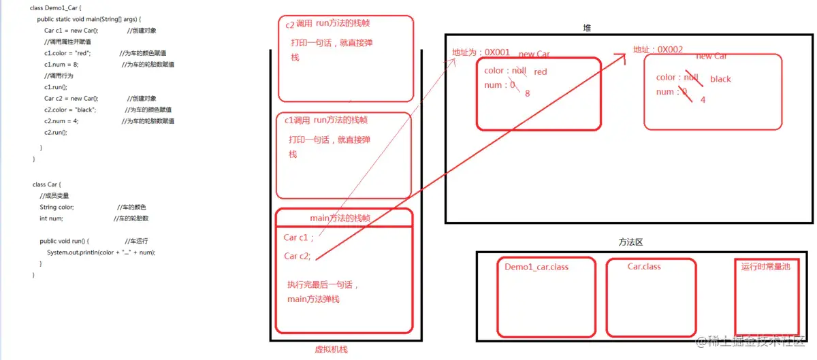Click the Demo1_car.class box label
[536, 267]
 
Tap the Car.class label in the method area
[643, 266]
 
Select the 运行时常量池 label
[765, 267]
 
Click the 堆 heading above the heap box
[587, 28]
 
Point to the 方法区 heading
[630, 242]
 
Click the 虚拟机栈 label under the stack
[330, 349]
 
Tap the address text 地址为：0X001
[481, 52]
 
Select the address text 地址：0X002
[658, 50]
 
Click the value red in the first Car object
[541, 71]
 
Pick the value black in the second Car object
[720, 79]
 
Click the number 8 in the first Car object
[527, 93]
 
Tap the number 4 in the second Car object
[703, 99]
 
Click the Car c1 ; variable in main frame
[298, 238]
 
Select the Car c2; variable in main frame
[298, 256]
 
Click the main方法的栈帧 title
[340, 218]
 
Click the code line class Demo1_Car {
[56, 7]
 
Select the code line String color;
[57, 207]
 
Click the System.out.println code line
[101, 252]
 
